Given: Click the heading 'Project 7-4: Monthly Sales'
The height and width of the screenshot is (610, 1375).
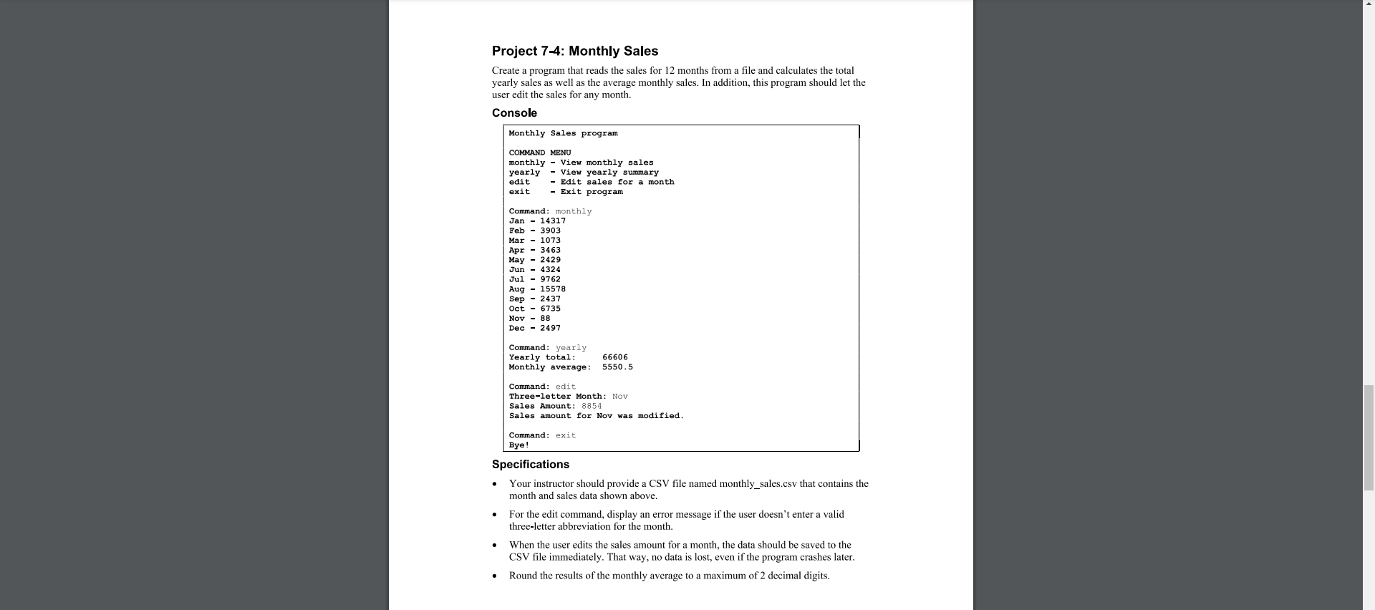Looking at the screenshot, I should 574,51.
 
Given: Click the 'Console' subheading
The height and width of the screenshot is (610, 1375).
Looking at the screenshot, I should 514,113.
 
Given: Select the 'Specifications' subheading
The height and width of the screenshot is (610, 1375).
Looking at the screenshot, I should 530,465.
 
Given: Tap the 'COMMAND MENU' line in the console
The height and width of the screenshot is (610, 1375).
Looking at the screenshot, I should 540,152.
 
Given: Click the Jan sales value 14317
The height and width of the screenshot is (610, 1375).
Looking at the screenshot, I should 553,221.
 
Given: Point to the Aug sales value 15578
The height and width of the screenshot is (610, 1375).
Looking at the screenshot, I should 553,289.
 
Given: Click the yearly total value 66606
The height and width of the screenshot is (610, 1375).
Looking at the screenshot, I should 615,357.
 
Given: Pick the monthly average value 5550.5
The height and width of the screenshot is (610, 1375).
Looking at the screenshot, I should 617,367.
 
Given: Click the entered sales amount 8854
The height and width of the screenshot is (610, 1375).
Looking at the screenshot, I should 592,406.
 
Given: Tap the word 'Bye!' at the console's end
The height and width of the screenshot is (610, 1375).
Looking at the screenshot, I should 519,445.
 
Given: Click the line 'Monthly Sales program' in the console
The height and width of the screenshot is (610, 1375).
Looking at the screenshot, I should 563,133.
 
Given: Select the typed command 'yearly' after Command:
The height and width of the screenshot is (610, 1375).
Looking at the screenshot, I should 571,348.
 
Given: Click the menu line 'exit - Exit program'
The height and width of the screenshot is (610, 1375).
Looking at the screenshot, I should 566,192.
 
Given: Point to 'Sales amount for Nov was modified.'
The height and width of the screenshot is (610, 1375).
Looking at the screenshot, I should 596,416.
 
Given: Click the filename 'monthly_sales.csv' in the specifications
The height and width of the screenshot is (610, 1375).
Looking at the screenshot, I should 758,484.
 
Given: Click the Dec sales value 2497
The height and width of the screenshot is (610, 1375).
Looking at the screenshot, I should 550,329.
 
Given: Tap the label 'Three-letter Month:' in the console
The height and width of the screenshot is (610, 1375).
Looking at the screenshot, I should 557,397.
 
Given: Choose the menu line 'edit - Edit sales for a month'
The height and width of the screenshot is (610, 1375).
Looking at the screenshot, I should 591,182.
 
